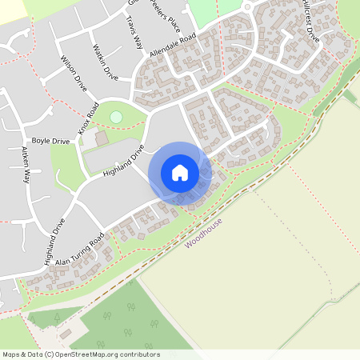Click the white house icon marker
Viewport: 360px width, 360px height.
tap(180, 173)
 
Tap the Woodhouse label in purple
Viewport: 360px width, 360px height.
tap(203, 233)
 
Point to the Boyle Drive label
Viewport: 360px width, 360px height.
tap(51, 141)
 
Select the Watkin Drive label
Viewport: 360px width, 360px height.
tap(106, 64)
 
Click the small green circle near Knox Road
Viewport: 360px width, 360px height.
tap(116, 118)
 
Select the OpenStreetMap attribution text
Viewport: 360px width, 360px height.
tap(81, 354)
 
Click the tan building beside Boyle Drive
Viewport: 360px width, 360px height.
tap(101, 139)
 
